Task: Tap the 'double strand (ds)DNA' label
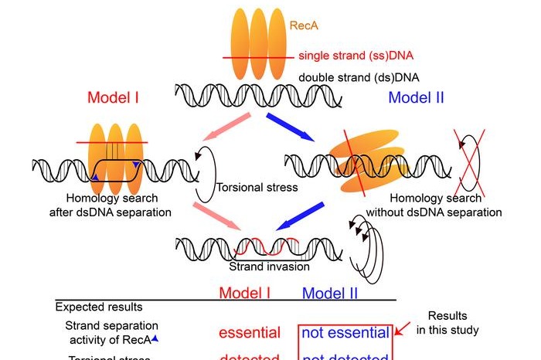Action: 352,78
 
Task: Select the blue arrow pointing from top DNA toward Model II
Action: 291,127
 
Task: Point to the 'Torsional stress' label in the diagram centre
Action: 257,187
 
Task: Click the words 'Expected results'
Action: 99,307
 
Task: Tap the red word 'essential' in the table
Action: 250,333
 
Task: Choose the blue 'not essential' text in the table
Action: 345,333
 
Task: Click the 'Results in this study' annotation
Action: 451,323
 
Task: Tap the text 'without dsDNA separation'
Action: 445,212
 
